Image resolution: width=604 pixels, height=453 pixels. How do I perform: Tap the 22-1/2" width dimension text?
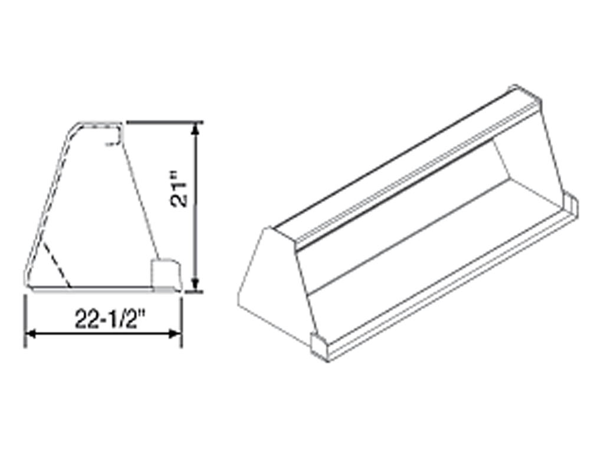pos(110,319)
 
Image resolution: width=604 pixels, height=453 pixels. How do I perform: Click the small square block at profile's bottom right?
pos(165,273)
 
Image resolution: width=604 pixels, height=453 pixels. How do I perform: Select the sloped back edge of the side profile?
pos(50,195)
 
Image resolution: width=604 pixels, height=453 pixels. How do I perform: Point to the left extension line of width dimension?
pos(25,319)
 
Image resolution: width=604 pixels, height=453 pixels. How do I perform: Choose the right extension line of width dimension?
pos(182,319)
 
